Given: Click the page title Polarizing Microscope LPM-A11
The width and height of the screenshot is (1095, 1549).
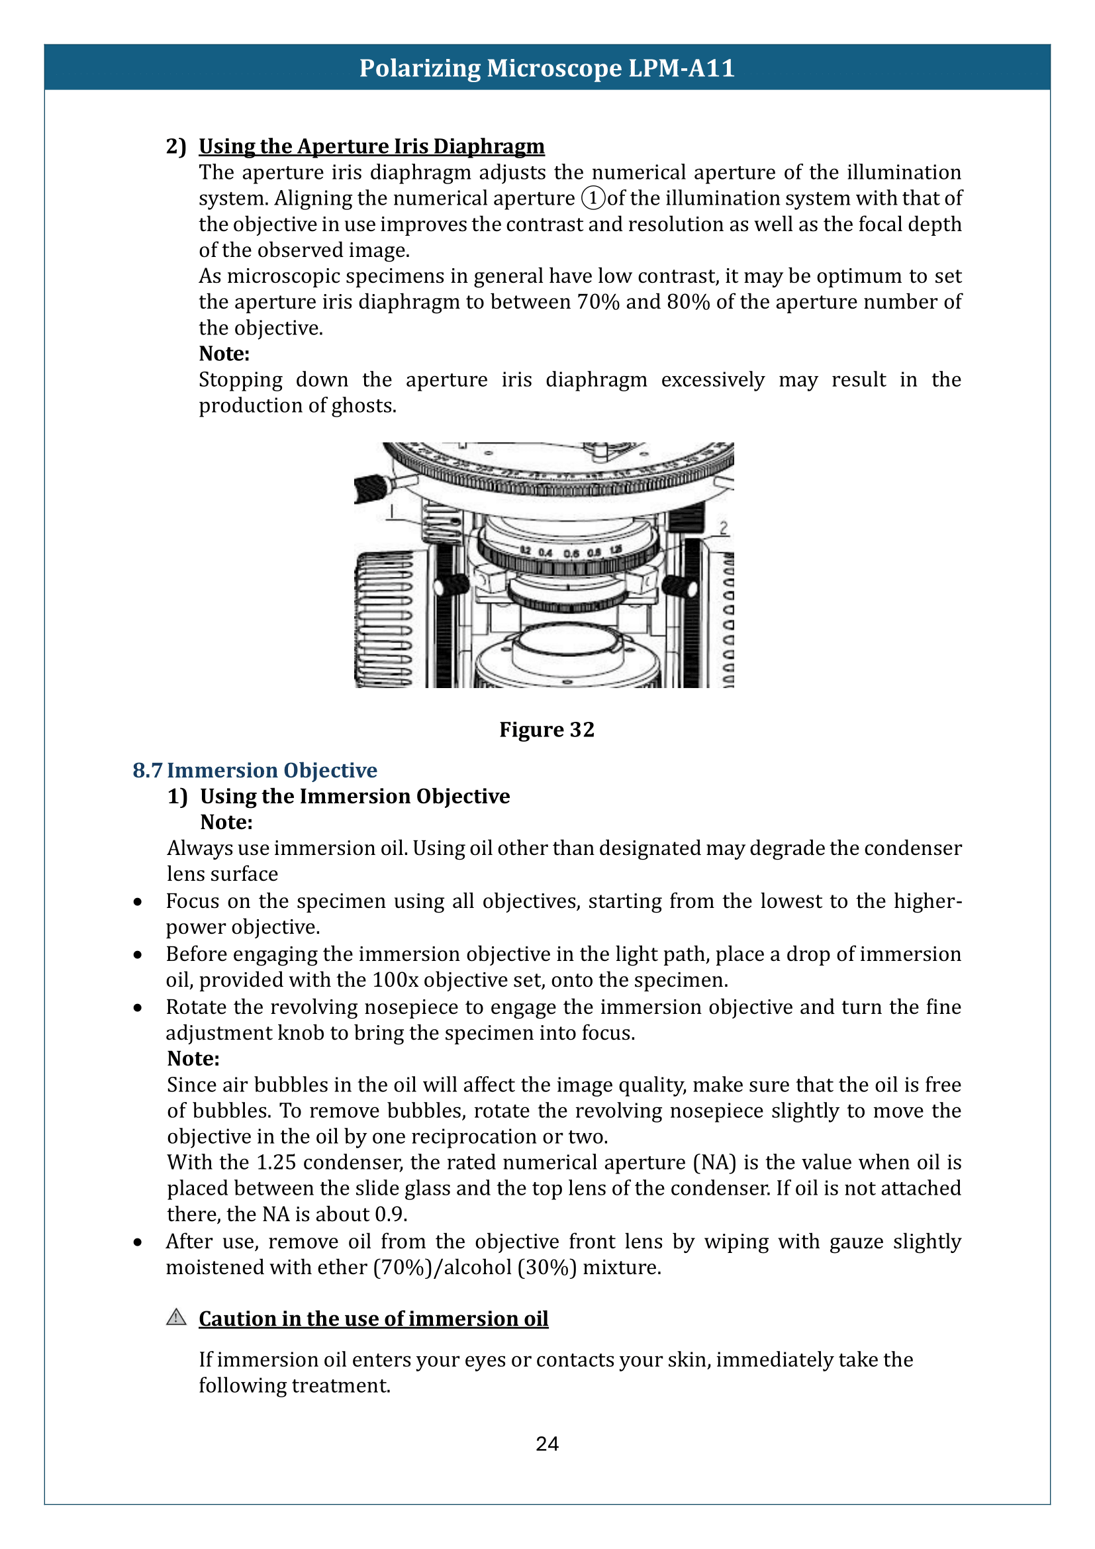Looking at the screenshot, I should tap(547, 68).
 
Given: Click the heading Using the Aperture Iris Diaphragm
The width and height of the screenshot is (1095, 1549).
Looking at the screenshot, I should tap(371, 146).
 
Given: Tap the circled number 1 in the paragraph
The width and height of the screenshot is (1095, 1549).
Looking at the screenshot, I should tap(593, 199).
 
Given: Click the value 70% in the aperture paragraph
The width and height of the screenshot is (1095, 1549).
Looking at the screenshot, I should tap(598, 301).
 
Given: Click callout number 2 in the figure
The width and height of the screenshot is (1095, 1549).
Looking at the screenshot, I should tap(724, 528).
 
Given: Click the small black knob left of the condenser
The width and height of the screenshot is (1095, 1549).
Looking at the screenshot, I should tap(453, 585).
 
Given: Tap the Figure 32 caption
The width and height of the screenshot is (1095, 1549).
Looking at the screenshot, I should tap(547, 729).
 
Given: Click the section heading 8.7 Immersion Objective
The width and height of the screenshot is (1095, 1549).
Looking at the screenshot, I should tap(255, 770).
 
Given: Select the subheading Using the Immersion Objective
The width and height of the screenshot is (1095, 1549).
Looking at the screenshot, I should tap(355, 796).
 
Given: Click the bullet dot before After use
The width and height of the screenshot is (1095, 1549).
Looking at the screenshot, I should tap(138, 1242).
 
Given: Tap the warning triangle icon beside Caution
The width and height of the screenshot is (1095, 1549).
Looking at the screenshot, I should tap(176, 1317).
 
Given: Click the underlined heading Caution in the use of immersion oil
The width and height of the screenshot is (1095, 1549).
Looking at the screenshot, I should tap(373, 1319).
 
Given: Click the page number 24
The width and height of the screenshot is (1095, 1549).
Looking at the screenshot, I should tap(547, 1444).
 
